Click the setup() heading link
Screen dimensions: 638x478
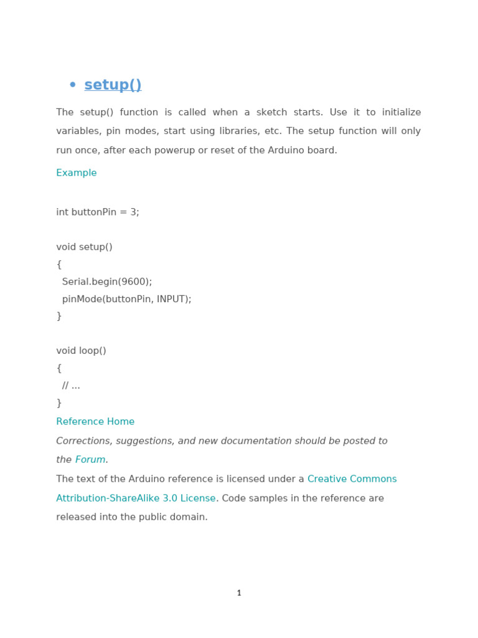[113, 85]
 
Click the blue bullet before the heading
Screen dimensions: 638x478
[73, 85]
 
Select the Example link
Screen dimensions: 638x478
[77, 173]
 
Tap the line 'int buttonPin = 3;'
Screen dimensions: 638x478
[98, 212]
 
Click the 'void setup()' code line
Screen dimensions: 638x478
[84, 247]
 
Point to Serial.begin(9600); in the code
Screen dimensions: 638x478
[107, 282]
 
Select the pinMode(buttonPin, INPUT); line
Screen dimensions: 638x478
[126, 300]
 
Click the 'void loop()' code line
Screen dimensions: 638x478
[81, 351]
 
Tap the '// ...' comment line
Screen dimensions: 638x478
[71, 386]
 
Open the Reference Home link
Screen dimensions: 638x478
[95, 422]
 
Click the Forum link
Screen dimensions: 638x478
[90, 460]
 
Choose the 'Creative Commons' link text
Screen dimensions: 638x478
[352, 480]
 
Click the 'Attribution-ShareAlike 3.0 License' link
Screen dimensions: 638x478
[136, 499]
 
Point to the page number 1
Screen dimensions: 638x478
[239, 594]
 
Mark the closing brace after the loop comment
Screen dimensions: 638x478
[59, 404]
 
